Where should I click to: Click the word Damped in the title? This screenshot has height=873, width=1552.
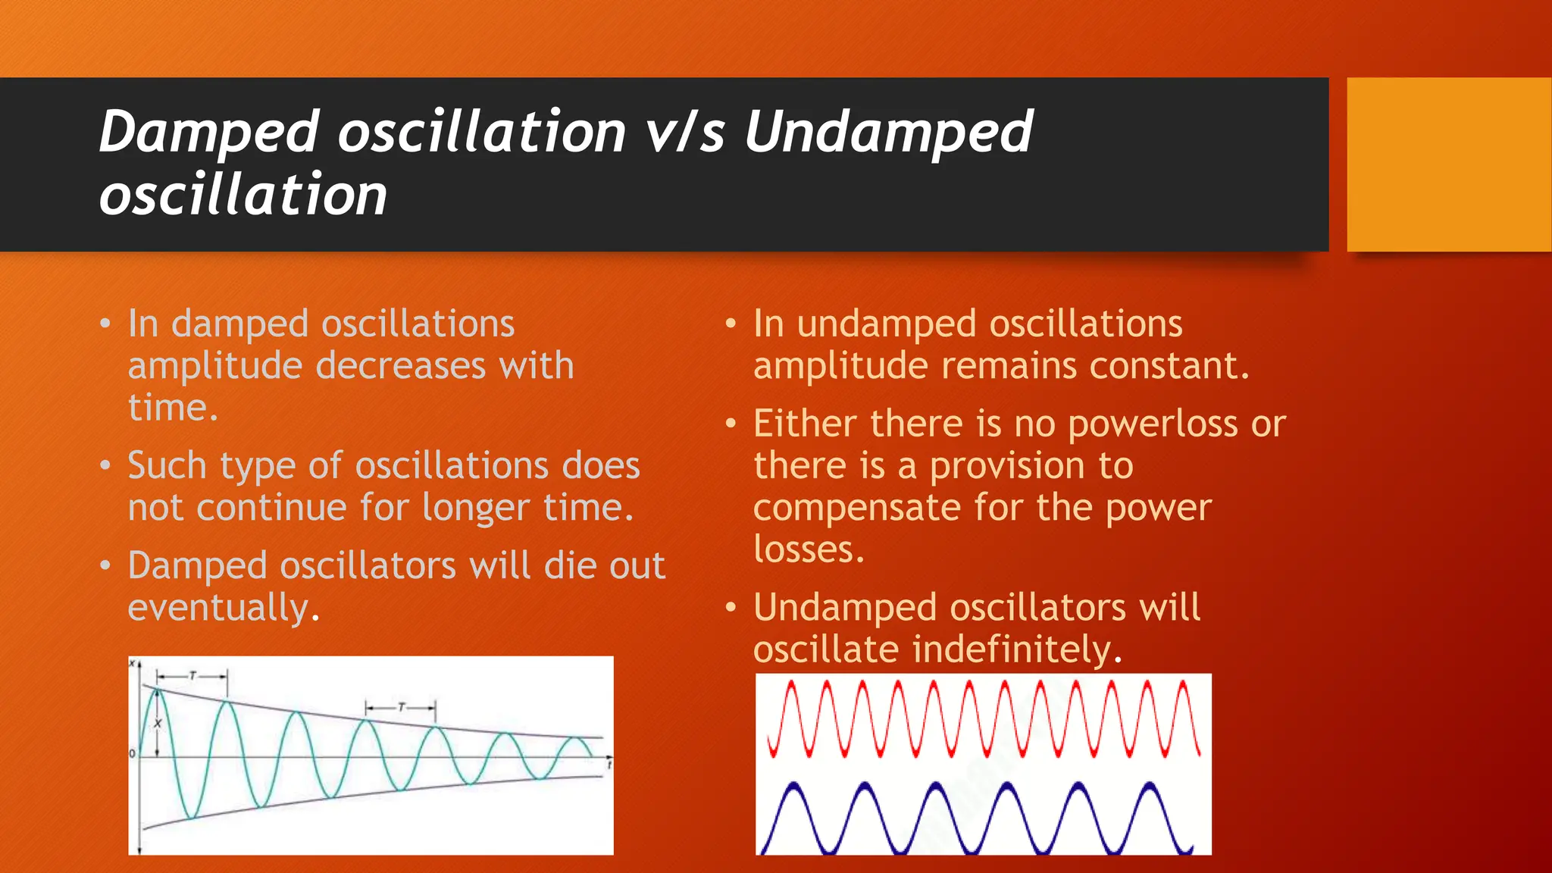pyautogui.click(x=208, y=133)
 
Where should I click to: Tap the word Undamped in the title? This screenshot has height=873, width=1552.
pyautogui.click(x=888, y=133)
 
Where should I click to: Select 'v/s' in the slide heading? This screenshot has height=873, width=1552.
pyautogui.click(x=685, y=133)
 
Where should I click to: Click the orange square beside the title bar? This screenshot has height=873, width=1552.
pyautogui.click(x=1448, y=164)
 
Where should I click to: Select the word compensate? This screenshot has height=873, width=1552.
pyautogui.click(x=856, y=508)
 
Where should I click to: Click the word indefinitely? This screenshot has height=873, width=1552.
pyautogui.click(x=1015, y=649)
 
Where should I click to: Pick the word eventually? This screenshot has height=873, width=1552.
pyautogui.click(x=224, y=608)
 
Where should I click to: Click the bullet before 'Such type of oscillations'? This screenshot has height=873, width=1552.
pyautogui.click(x=105, y=465)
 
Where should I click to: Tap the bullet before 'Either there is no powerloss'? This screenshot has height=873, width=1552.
pyautogui.click(x=731, y=423)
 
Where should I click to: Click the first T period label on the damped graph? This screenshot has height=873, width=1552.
pyautogui.click(x=192, y=674)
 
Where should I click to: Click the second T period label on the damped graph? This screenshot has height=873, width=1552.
pyautogui.click(x=402, y=707)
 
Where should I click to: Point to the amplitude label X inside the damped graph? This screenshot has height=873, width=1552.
pyautogui.click(x=158, y=724)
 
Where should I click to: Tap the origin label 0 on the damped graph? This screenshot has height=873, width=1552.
pyautogui.click(x=133, y=753)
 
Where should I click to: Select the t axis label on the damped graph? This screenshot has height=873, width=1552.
pyautogui.click(x=609, y=766)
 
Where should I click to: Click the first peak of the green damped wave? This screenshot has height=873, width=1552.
pyautogui.click(x=156, y=689)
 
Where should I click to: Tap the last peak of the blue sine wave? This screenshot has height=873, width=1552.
pyautogui.click(x=1150, y=785)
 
